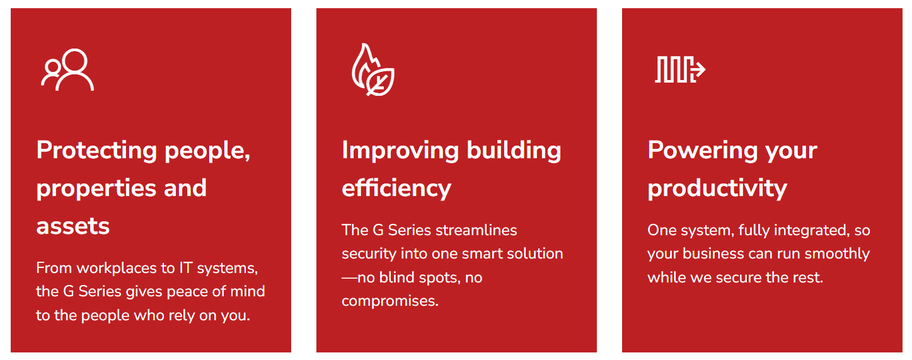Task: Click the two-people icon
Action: click(x=67, y=70)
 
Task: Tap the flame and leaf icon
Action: click(x=373, y=69)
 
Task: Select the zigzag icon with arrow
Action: click(x=680, y=69)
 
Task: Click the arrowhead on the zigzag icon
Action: click(x=700, y=69)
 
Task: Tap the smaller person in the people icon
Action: click(x=51, y=73)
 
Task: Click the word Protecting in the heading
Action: click(x=96, y=151)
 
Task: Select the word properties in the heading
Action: click(x=96, y=189)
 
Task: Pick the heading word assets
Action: click(x=73, y=226)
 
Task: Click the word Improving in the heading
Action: click(x=400, y=151)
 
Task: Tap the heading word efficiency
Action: click(x=396, y=189)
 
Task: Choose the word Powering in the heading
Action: click(x=703, y=151)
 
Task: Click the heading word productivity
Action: click(x=717, y=189)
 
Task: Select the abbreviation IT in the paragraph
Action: click(x=186, y=268)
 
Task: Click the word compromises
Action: click(x=390, y=301)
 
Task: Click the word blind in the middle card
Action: click(x=396, y=277)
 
